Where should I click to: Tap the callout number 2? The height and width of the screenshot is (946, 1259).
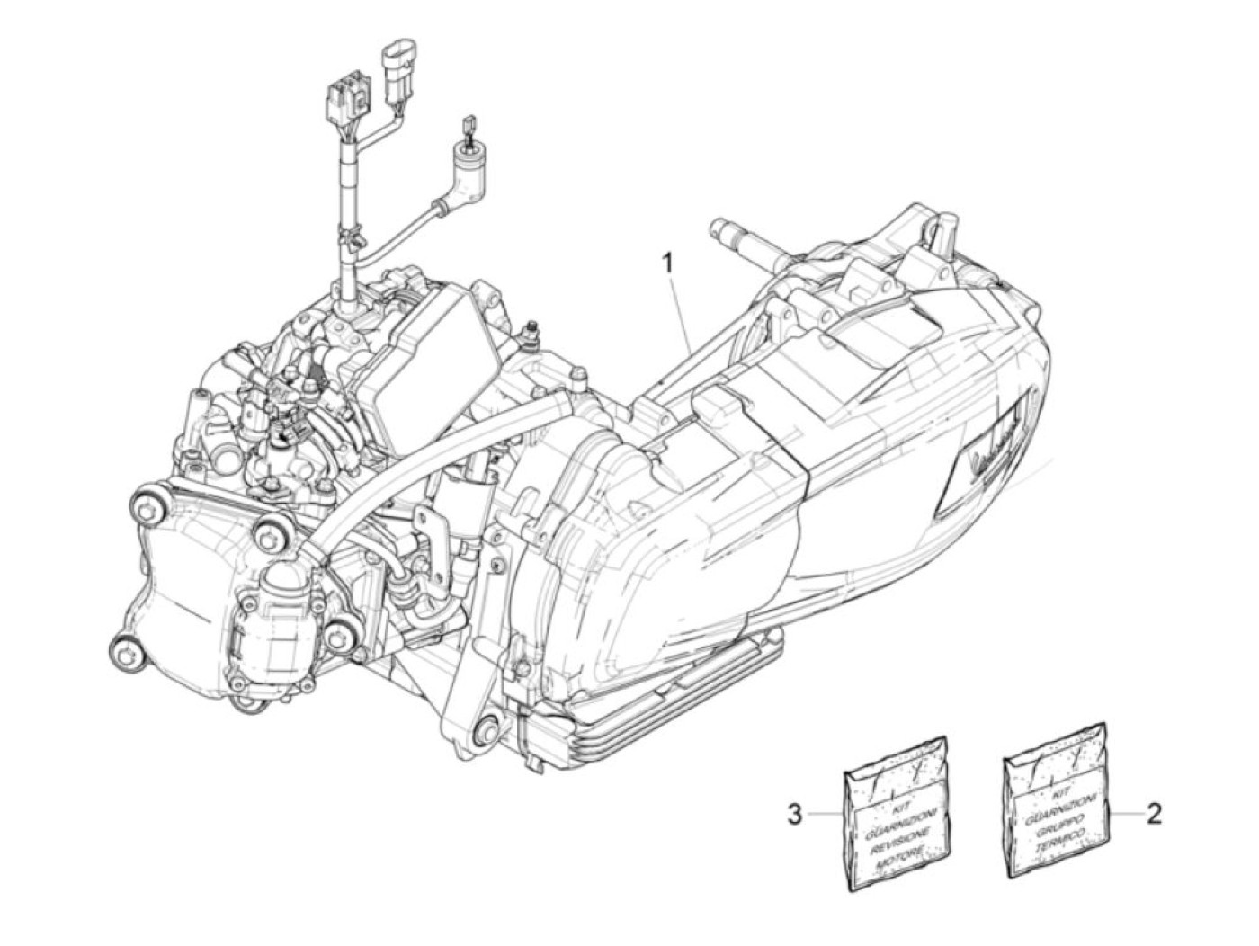(x=1153, y=814)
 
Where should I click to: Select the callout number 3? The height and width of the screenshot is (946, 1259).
(x=794, y=815)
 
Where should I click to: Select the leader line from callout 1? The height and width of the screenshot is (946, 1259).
(x=681, y=306)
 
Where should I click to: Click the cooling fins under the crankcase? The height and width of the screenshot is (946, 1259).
(x=629, y=710)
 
